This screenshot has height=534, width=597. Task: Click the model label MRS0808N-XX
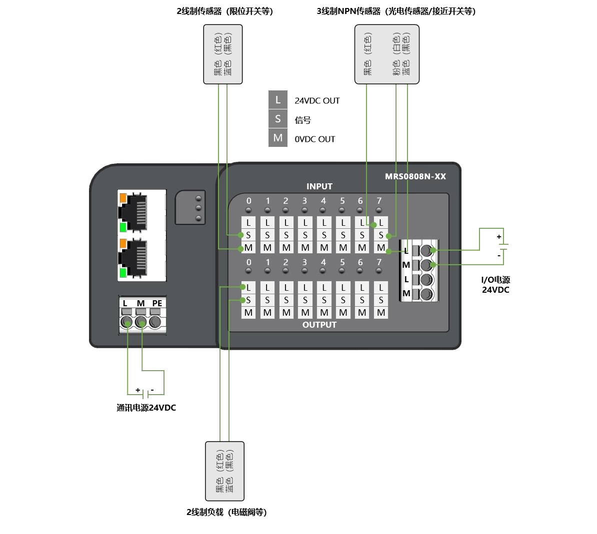point(415,176)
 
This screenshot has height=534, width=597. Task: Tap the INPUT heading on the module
point(319,186)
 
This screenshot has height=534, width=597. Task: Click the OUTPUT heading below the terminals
point(319,325)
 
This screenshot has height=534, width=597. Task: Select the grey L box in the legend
point(278,100)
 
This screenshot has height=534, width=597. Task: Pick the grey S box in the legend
point(278,119)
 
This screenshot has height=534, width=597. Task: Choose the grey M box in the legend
point(278,138)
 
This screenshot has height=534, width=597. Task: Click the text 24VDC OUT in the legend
point(317,100)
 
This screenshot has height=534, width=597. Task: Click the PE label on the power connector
point(157,303)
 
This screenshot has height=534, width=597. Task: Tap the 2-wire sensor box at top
point(223,54)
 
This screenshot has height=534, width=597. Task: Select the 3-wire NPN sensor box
point(387,54)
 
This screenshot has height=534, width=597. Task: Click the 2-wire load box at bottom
point(225,471)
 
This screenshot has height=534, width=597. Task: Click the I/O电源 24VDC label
point(495,285)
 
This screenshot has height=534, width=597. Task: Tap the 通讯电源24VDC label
point(146,408)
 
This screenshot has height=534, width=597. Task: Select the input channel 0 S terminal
point(248,235)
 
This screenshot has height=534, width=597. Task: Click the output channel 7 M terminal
point(381,313)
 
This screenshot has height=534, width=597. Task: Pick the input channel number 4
point(323,201)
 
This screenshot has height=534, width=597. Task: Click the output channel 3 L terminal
point(305,287)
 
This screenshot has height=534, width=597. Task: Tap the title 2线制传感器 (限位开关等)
point(224,11)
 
